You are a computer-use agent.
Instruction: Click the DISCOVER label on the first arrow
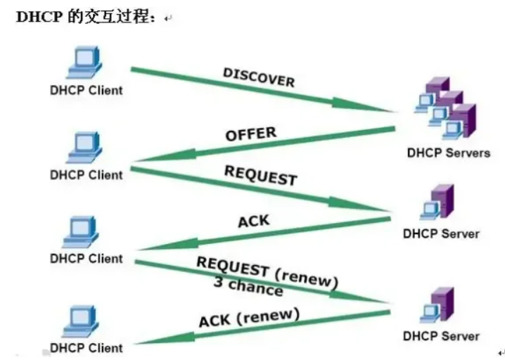[258, 77]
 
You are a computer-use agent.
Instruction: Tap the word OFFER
[250, 134]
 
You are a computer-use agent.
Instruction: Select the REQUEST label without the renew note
[260, 175]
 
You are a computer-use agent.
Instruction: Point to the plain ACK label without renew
[253, 223]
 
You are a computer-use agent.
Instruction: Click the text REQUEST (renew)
[267, 273]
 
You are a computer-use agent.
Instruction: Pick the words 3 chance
[248, 287]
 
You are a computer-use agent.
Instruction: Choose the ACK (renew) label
[249, 319]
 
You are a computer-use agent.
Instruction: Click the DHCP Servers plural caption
[447, 153]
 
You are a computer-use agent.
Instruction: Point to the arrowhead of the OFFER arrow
[144, 158]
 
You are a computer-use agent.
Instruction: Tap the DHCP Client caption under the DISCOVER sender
[86, 90]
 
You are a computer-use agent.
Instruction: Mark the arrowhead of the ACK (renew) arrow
[144, 342]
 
